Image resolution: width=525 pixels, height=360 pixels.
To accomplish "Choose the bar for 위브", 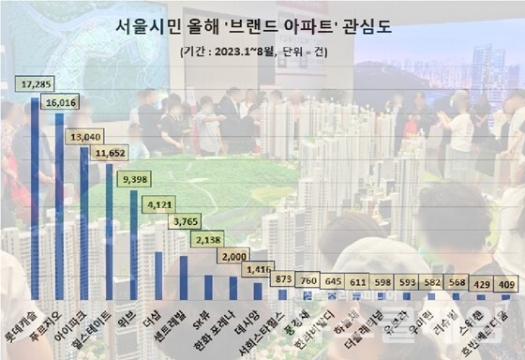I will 134,244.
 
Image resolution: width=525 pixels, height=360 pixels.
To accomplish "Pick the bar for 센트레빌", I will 184,277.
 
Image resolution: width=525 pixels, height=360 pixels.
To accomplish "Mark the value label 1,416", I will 255,272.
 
